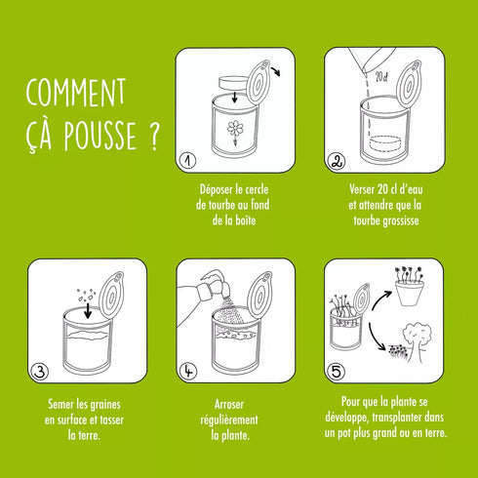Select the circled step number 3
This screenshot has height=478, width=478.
pyautogui.click(x=40, y=371)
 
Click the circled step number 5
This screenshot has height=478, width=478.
pyautogui.click(x=336, y=371)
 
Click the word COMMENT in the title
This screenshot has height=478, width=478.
pyautogui.click(x=76, y=94)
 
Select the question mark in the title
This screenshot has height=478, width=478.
pyautogui.click(x=153, y=137)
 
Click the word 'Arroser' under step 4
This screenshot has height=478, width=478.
pyautogui.click(x=229, y=403)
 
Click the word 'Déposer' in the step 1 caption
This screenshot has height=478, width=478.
pyautogui.click(x=218, y=189)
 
